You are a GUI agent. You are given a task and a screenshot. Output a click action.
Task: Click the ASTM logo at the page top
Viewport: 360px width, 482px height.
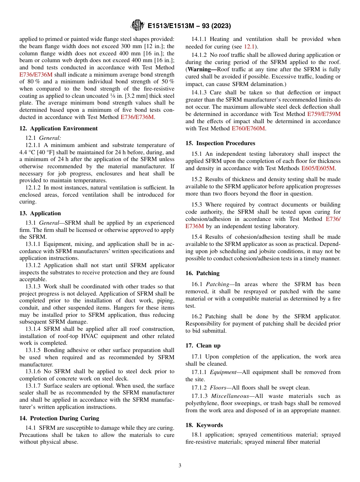click(137, 25)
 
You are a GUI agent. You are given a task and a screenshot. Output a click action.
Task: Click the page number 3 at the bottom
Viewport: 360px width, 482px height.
click(180, 465)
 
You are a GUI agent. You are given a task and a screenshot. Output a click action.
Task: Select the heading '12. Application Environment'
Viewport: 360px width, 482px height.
click(58, 128)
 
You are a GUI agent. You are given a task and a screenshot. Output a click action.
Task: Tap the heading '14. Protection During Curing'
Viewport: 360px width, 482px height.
click(59, 418)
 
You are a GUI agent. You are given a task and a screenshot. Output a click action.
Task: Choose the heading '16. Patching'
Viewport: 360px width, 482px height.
click(202, 273)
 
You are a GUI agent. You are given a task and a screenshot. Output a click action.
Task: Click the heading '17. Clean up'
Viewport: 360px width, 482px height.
click(203, 346)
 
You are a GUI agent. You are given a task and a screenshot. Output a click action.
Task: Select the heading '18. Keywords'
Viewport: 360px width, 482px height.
click(204, 425)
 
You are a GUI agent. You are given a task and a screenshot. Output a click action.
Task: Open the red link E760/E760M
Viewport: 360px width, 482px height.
click(248, 129)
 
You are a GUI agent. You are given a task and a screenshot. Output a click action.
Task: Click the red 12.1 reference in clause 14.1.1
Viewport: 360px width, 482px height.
click(249, 47)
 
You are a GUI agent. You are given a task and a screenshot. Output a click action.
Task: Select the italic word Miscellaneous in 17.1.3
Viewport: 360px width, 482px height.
click(231, 396)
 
